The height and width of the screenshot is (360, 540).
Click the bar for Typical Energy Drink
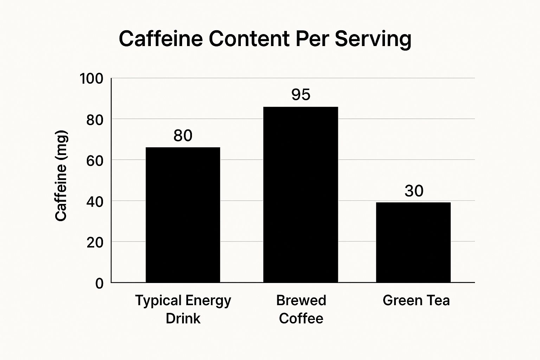coord(183,215)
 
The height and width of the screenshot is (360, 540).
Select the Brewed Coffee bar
coord(301,194)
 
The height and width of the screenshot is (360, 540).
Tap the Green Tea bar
coord(413,242)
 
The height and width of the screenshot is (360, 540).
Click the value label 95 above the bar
coord(301,95)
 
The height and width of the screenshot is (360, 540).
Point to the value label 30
coord(414,191)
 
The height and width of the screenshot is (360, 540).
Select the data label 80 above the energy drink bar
coord(183,136)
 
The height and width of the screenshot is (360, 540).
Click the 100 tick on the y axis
coord(91,78)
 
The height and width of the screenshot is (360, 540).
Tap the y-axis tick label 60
coord(95,161)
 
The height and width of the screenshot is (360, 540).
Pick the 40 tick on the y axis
coord(95,201)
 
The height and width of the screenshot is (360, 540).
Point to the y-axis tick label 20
coord(95,242)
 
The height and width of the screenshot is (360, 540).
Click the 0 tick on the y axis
coord(99,283)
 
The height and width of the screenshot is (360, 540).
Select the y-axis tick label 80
coord(95,120)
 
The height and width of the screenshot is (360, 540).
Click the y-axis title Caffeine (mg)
coord(61,176)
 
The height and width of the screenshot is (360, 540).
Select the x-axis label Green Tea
coord(416,301)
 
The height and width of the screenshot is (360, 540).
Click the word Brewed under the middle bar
coord(301,301)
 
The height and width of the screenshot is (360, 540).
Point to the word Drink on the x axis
coord(183,319)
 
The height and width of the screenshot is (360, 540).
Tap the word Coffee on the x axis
coord(301,319)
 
